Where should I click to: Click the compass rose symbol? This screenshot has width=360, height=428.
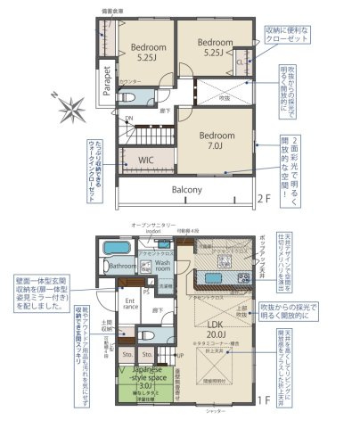point(70,111)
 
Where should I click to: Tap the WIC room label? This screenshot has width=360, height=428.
point(147,160)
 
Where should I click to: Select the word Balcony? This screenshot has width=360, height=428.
point(186,189)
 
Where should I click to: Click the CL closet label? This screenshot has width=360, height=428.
point(241,62)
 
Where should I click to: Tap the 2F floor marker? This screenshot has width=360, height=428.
point(263,198)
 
